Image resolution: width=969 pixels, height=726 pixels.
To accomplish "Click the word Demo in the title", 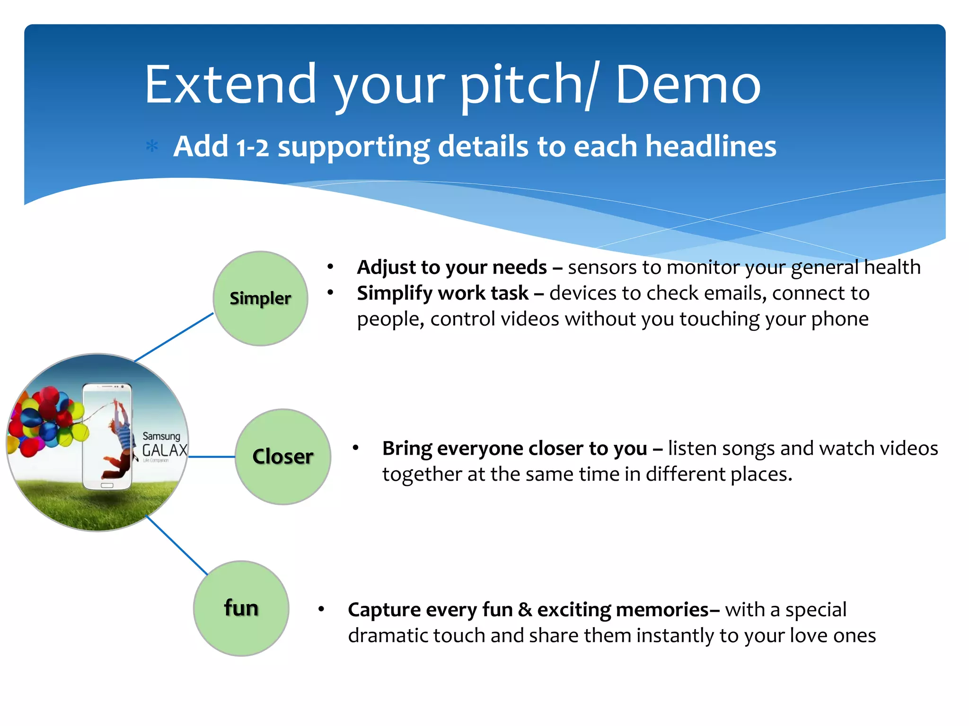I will click(x=688, y=85).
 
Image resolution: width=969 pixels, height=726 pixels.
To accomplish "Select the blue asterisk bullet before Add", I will click(x=152, y=146).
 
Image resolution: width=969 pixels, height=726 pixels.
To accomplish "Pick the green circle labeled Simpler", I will click(x=260, y=298).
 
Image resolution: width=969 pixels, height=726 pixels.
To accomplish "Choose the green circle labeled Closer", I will click(x=283, y=457).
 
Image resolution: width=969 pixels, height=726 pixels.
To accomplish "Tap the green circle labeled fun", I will click(x=241, y=608).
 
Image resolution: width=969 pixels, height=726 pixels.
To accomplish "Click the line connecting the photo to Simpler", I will click(x=174, y=337).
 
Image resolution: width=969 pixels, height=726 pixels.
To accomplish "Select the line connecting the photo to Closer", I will click(x=212, y=457).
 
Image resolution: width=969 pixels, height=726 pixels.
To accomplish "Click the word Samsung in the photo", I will click(x=161, y=436).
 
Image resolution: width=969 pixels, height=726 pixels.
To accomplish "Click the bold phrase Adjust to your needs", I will click(x=452, y=268).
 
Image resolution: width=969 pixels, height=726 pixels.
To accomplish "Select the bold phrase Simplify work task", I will click(x=442, y=294).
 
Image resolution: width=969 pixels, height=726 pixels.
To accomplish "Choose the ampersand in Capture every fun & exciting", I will click(x=525, y=610).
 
